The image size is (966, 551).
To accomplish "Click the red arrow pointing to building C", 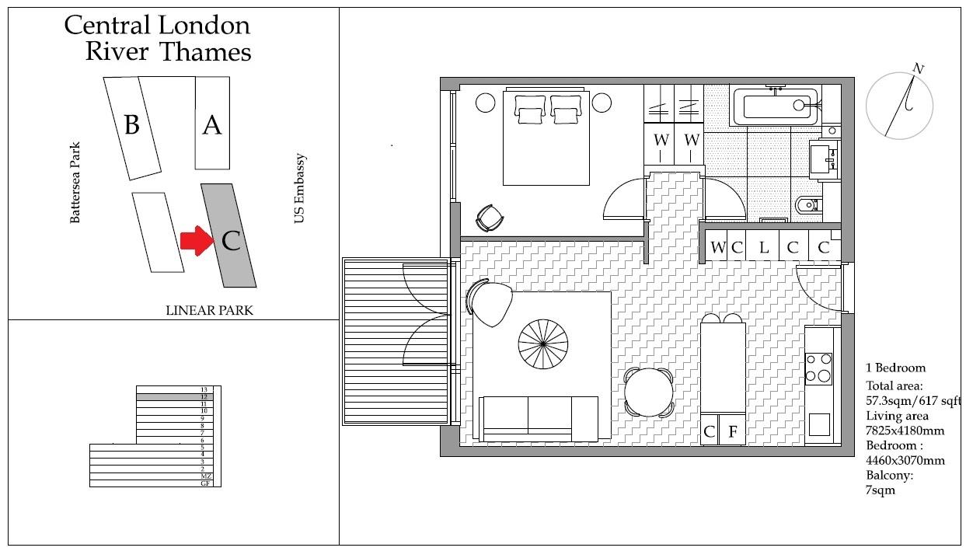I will [x=195, y=241].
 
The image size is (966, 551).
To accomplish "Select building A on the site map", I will [x=212, y=123].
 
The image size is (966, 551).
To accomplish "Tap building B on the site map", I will [x=132, y=124].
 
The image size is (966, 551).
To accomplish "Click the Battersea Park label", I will [x=75, y=183].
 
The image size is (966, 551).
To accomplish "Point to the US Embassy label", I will [x=300, y=189].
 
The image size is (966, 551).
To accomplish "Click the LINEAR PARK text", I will [x=209, y=310].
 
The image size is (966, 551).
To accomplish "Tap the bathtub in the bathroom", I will [x=775, y=106].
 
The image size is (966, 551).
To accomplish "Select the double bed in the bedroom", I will [x=546, y=138].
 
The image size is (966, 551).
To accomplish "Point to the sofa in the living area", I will [x=539, y=417].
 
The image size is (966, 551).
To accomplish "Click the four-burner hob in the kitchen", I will [x=818, y=368].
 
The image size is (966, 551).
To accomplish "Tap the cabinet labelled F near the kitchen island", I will [x=732, y=431].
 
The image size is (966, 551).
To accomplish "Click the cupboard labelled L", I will [x=764, y=248].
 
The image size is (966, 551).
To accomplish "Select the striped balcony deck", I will [x=395, y=341].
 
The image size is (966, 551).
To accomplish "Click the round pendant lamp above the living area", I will [x=543, y=341].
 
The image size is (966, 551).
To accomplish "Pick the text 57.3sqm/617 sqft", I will [x=913, y=401].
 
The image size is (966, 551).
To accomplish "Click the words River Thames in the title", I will [x=168, y=52].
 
